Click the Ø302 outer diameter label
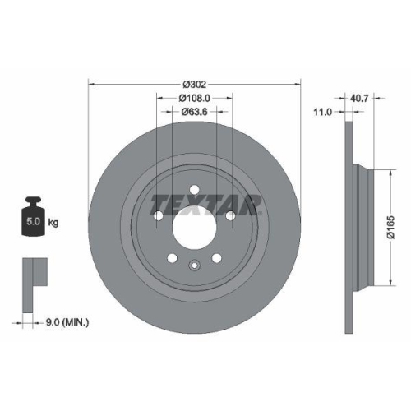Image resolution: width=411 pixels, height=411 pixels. pyautogui.click(x=194, y=85)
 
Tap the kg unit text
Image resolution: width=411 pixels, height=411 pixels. pyautogui.click(x=53, y=222)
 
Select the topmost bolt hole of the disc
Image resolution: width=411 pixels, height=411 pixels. pyautogui.click(x=194, y=190)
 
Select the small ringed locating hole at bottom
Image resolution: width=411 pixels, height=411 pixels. pyautogui.click(x=194, y=265)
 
